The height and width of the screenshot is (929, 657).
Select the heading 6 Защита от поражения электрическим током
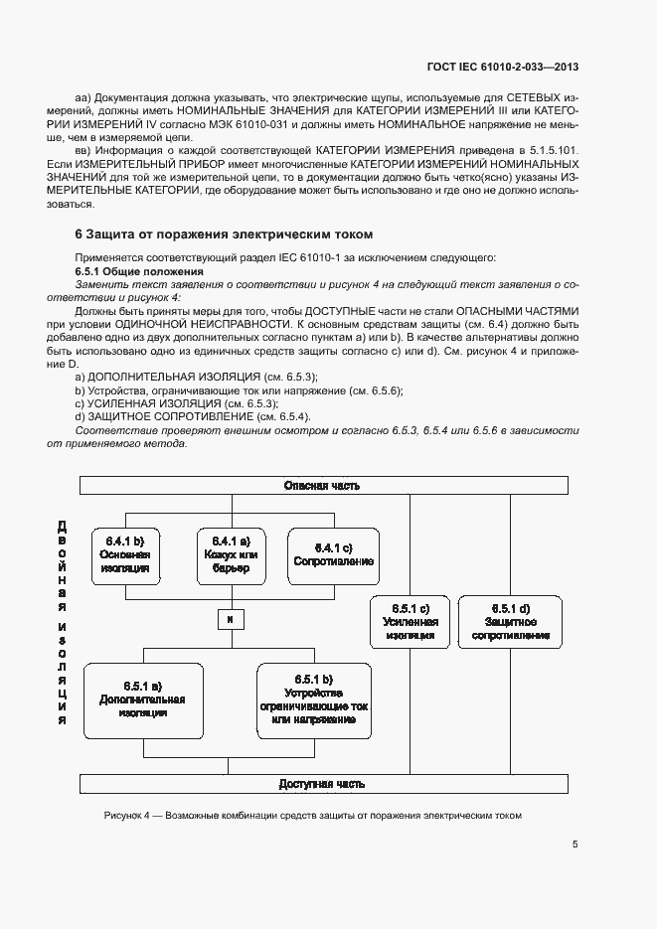point(224,234)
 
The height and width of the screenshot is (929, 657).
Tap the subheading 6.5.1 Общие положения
point(139,271)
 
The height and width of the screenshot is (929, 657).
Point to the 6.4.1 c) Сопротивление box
point(334,555)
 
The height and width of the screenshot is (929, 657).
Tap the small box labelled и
point(229,620)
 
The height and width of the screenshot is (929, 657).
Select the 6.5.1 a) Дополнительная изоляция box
point(143,699)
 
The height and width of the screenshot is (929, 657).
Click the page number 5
point(575,845)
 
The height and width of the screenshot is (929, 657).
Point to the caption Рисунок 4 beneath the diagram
point(312,816)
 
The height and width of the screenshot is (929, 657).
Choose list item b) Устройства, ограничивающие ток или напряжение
point(239,390)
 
